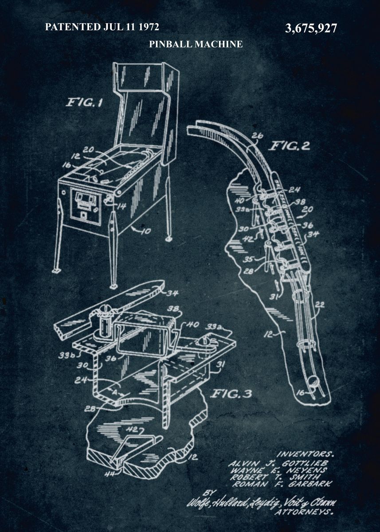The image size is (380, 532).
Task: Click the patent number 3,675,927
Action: point(311,29)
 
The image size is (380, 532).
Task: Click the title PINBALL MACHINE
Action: point(196,44)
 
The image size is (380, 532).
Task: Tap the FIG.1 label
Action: point(84,103)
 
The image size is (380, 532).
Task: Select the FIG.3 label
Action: point(231,394)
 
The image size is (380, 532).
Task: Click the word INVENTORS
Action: point(305,454)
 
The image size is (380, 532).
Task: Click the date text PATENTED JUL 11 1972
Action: point(102,27)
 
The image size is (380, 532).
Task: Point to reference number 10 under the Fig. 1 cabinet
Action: point(146,231)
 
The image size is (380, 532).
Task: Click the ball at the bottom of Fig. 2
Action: point(314,380)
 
